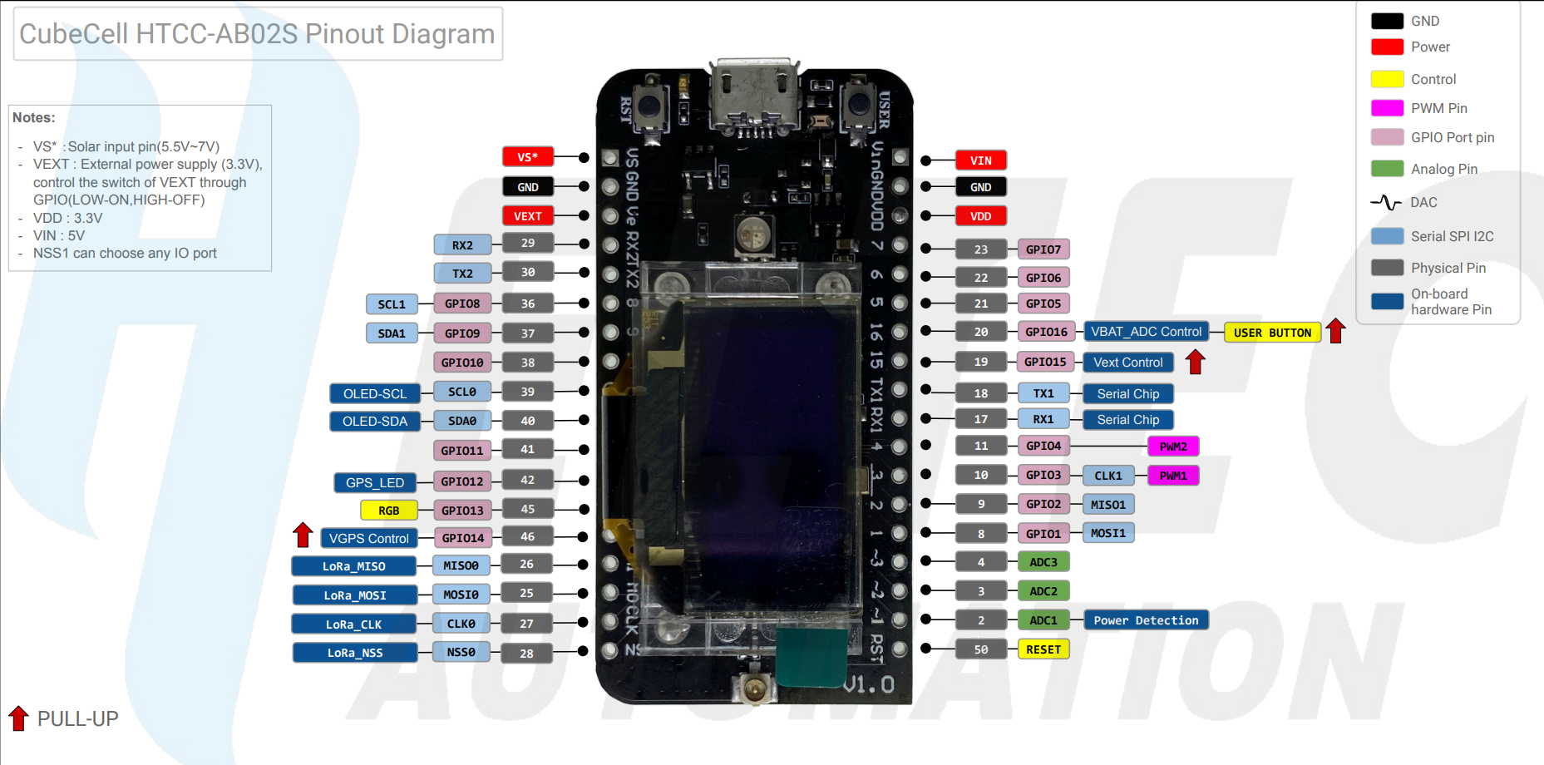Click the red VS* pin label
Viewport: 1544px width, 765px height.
click(527, 157)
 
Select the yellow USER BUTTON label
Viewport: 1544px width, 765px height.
click(1272, 333)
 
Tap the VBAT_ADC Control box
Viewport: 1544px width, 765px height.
click(1146, 332)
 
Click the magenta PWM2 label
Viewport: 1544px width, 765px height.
click(1173, 447)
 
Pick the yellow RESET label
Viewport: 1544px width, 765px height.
click(1043, 649)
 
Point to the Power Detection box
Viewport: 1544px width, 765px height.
click(1146, 620)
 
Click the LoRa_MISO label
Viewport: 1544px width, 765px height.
click(354, 566)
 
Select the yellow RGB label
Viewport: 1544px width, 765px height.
click(388, 511)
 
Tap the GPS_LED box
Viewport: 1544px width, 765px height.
click(375, 482)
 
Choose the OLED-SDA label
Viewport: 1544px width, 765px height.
click(375, 422)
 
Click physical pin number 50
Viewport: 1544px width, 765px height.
click(981, 649)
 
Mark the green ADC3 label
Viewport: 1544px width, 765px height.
click(1043, 562)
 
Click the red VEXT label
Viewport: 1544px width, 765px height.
click(527, 216)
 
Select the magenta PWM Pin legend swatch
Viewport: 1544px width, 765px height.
click(1387, 108)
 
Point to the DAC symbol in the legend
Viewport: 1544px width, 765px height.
click(1386, 202)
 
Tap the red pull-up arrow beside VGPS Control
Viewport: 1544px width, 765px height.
click(303, 535)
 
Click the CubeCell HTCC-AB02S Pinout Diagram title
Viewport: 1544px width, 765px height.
click(257, 34)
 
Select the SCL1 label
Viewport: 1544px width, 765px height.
click(392, 304)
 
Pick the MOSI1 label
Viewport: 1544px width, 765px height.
click(1107, 533)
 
